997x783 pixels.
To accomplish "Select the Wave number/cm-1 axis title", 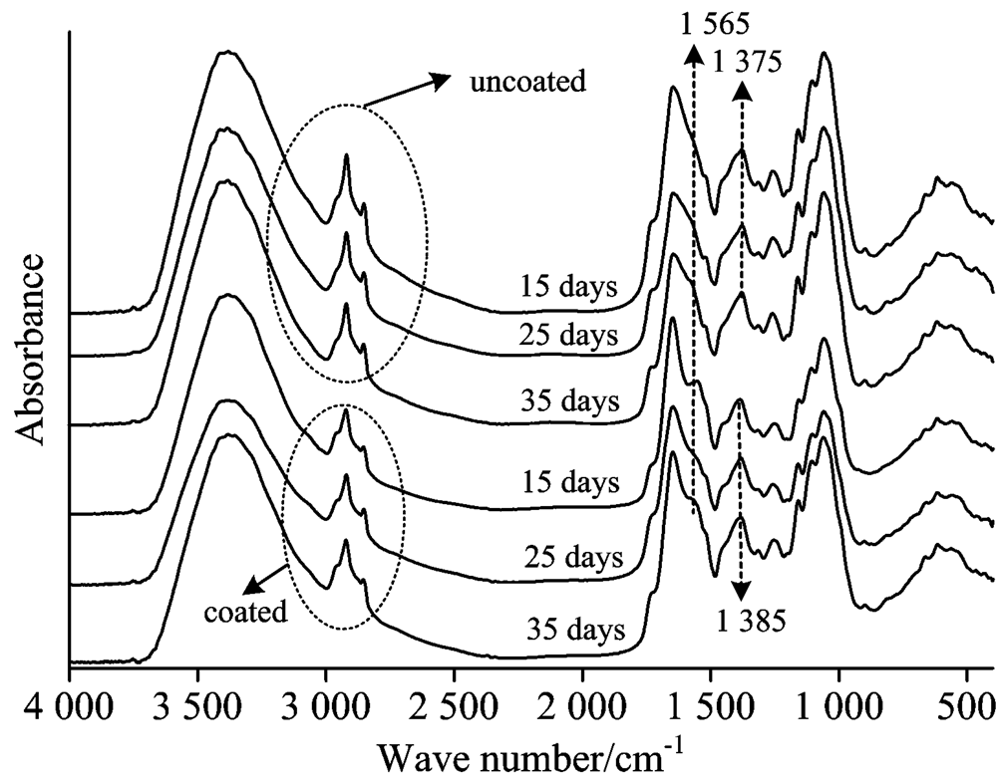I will click(x=529, y=759).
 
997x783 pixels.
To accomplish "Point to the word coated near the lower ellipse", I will click(x=244, y=609).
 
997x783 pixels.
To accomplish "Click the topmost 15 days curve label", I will click(x=568, y=288).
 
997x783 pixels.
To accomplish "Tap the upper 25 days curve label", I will click(x=570, y=335).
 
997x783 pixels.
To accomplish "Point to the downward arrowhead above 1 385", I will click(x=740, y=592).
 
